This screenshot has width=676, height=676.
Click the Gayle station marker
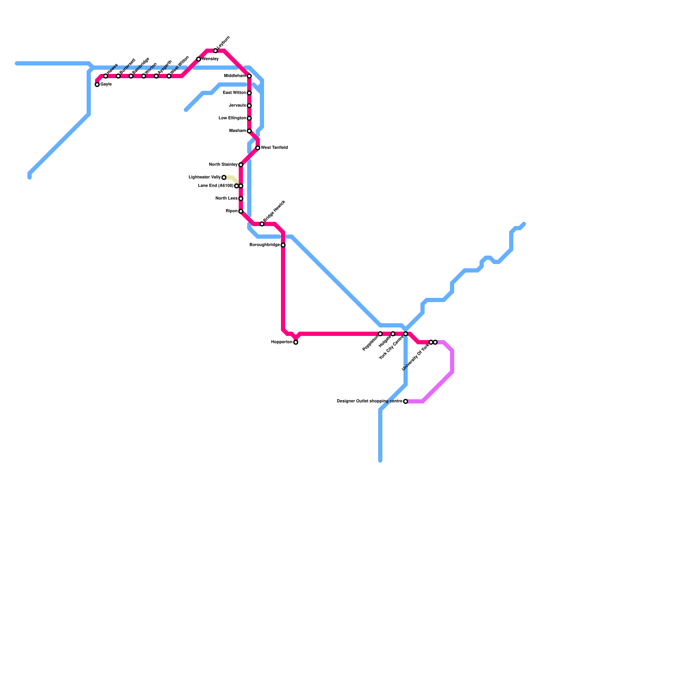(97, 84)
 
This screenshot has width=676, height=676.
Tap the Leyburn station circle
(215, 51)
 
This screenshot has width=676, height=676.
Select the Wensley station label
(210, 59)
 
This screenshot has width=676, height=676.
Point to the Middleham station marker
(249, 76)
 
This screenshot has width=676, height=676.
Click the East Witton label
(234, 93)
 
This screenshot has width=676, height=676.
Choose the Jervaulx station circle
(249, 106)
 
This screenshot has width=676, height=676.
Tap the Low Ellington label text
(232, 118)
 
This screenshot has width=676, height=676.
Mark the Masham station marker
(249, 131)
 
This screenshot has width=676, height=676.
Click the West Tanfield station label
(274, 148)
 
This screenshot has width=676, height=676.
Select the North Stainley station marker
(241, 165)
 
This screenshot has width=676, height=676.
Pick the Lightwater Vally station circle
(224, 177)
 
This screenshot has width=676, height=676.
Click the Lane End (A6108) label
(215, 186)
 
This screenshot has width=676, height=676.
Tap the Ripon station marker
(241, 211)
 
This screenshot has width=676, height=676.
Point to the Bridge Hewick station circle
(262, 224)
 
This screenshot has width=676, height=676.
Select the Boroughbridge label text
(264, 245)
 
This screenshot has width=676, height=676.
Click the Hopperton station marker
(296, 342)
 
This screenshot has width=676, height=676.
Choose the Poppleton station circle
(380, 334)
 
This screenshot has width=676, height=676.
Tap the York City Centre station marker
(406, 334)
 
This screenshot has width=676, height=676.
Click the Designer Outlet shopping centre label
(370, 401)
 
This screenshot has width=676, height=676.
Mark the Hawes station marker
(106, 76)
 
